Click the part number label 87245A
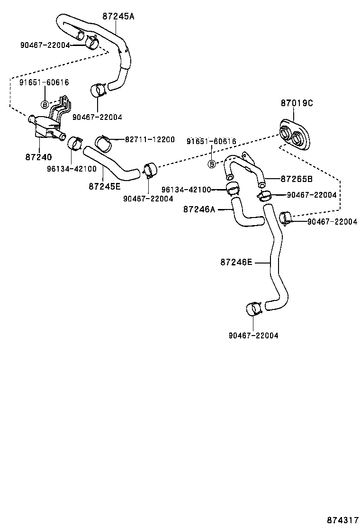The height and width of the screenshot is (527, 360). coord(118,16)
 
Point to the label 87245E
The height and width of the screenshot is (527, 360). coord(104,186)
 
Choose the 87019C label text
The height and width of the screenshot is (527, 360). coord(297,103)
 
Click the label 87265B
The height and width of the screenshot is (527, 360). coord(297,179)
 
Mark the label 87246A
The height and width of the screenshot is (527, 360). coord(199,209)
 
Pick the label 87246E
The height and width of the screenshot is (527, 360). coord(236,262)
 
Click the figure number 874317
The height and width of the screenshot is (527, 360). coord(342,520)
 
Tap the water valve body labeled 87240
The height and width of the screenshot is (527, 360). coord(45,127)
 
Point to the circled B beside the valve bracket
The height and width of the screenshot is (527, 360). coord(45,104)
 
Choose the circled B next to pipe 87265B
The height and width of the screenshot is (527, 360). coord(212,164)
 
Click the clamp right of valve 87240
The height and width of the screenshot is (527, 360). coord(75,143)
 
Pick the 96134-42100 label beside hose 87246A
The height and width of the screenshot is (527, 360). coord(199,190)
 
